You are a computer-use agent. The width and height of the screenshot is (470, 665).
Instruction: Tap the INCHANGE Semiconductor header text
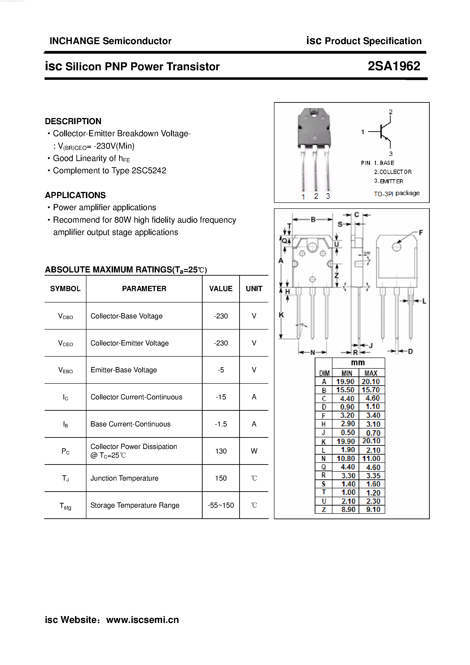(x=110, y=41)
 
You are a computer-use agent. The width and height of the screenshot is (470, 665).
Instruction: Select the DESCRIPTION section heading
(x=73, y=121)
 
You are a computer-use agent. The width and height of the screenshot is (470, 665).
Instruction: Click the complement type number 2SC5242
(x=149, y=171)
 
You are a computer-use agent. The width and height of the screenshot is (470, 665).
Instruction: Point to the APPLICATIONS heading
(x=75, y=195)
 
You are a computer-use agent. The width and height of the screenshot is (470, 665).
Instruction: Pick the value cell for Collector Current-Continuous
(x=221, y=397)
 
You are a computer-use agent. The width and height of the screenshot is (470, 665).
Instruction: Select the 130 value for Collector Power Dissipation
(x=221, y=451)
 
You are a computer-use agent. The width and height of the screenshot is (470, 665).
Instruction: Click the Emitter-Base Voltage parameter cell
(x=124, y=370)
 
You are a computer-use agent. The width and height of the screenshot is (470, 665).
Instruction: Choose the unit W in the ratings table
(x=254, y=451)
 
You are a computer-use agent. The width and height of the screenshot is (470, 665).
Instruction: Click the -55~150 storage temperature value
(x=221, y=505)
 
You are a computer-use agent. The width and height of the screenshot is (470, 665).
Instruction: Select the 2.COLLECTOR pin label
(x=392, y=172)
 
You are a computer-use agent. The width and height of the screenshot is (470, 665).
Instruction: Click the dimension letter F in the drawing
(x=421, y=233)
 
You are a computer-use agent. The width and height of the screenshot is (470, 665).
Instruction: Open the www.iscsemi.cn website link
(x=143, y=620)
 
